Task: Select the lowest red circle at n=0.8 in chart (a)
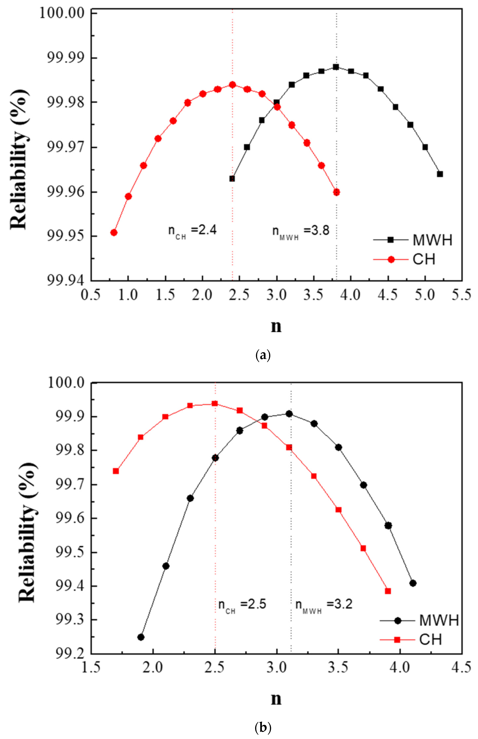click(x=114, y=233)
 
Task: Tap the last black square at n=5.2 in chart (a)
click(x=440, y=174)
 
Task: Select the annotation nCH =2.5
click(x=242, y=604)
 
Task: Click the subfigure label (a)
click(x=263, y=355)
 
